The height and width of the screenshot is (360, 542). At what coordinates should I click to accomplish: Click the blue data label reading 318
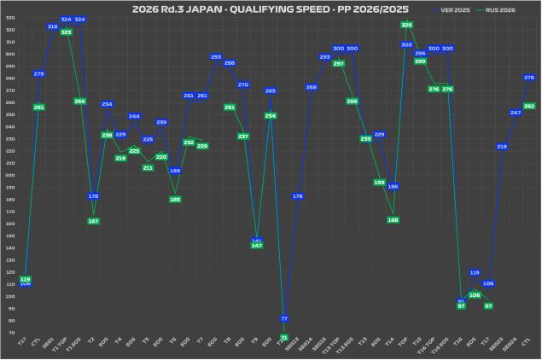click(52, 26)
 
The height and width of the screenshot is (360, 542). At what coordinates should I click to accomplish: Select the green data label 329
click(406, 25)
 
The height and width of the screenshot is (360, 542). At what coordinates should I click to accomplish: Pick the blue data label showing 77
click(284, 318)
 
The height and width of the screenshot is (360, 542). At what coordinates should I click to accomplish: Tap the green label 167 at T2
click(93, 221)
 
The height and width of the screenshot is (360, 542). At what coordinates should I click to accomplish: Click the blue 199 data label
click(175, 171)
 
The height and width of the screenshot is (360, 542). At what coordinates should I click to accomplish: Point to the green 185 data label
click(175, 200)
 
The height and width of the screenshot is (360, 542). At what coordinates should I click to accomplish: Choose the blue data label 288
click(230, 63)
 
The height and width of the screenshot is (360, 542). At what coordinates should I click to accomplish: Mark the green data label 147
click(257, 245)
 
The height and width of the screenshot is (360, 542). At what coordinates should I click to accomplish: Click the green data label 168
click(393, 220)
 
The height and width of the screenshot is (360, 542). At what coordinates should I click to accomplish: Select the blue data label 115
click(475, 273)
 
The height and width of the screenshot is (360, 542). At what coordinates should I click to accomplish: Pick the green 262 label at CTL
click(529, 106)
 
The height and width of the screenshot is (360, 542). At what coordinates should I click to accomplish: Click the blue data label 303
click(406, 44)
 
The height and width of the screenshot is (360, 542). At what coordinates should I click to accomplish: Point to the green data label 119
click(25, 279)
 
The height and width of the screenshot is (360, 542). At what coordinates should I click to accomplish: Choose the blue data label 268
click(312, 87)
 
